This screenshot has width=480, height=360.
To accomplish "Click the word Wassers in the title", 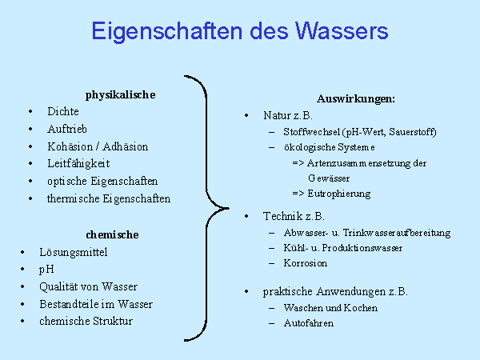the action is (342, 31).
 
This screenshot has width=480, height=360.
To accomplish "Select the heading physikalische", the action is (120, 95).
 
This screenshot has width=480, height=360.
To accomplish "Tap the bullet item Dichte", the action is (63, 111).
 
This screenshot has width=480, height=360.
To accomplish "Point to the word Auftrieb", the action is (67, 129).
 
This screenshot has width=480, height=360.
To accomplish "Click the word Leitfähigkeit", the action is (78, 164).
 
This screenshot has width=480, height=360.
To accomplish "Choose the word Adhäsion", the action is (126, 146).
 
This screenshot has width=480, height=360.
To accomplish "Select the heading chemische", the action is (112, 234).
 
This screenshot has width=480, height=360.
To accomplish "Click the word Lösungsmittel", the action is (74, 252).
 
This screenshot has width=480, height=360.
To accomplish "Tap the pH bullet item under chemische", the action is (46, 270).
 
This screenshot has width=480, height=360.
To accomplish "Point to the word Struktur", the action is (113, 321).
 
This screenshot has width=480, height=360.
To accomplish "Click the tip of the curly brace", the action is (229, 208).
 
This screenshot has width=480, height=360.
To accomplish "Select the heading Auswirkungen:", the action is (356, 99).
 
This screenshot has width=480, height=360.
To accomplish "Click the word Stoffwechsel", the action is (312, 132).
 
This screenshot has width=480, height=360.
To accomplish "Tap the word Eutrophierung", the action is (339, 194).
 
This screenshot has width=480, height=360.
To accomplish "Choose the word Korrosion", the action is (306, 263).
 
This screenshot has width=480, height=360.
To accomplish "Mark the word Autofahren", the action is (309, 323).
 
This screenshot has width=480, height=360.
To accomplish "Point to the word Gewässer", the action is (329, 178).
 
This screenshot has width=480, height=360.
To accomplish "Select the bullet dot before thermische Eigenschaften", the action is (30, 199).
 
